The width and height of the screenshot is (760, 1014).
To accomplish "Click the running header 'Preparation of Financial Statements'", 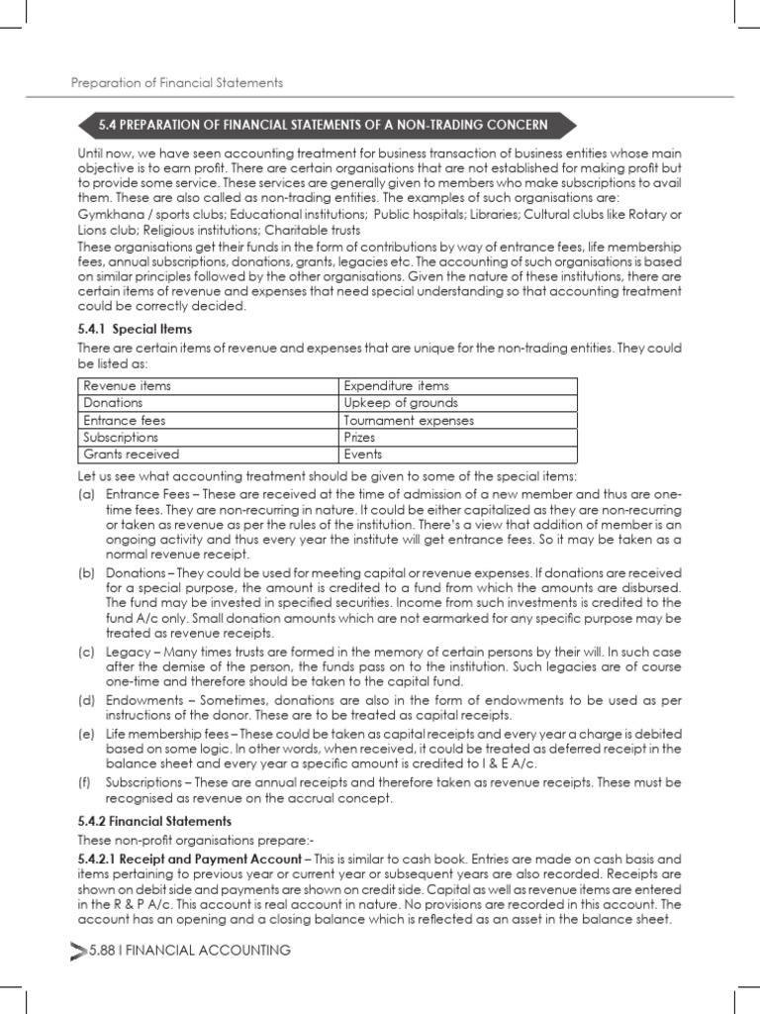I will (177, 82).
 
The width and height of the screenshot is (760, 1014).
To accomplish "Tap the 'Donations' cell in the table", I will (113, 403).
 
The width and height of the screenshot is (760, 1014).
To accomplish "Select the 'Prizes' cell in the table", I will (360, 437).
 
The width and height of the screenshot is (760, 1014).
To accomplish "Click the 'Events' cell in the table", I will (362, 455).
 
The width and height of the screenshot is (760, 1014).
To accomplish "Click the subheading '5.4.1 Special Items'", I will (135, 328).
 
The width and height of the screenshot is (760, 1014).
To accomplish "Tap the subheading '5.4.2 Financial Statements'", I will (154, 821).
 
